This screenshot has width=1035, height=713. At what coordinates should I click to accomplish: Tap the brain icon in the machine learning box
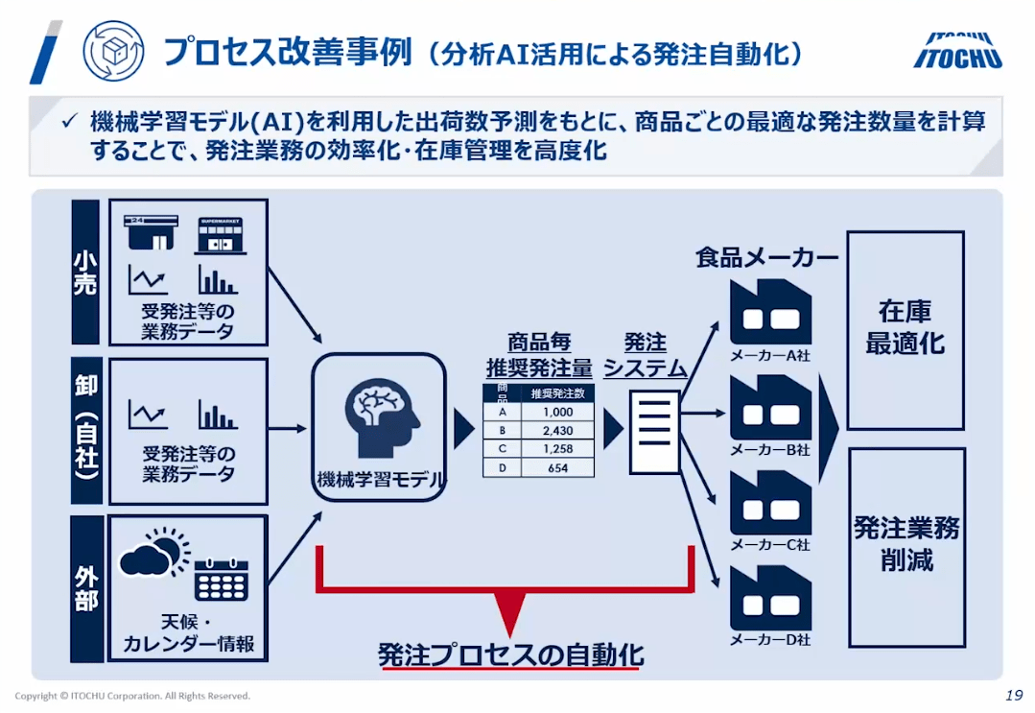click(x=381, y=415)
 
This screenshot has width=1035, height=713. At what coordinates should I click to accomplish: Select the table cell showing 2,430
click(x=556, y=431)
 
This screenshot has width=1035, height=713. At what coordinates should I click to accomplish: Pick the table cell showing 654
click(x=556, y=467)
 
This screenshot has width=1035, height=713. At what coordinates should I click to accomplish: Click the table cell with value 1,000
click(x=556, y=413)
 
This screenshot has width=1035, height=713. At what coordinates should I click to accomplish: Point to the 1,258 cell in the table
click(x=556, y=449)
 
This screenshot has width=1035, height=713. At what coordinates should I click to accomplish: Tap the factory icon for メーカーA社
click(x=770, y=312)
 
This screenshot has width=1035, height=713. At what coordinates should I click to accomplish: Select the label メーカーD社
click(x=770, y=640)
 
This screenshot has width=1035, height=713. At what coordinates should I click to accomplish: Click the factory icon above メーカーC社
click(x=770, y=502)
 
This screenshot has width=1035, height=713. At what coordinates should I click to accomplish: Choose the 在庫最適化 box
click(x=906, y=329)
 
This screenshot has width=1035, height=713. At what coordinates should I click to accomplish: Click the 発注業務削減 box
click(x=906, y=544)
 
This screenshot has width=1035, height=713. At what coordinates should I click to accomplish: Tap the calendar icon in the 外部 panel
click(x=221, y=580)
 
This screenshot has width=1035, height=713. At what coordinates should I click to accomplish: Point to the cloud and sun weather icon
click(x=151, y=557)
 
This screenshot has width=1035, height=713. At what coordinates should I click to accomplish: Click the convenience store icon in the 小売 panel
click(x=150, y=233)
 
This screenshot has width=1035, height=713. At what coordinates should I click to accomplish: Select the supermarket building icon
click(x=221, y=234)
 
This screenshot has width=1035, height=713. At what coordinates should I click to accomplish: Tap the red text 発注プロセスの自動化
click(x=510, y=655)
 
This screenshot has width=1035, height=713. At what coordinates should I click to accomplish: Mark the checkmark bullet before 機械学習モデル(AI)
click(x=68, y=122)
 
